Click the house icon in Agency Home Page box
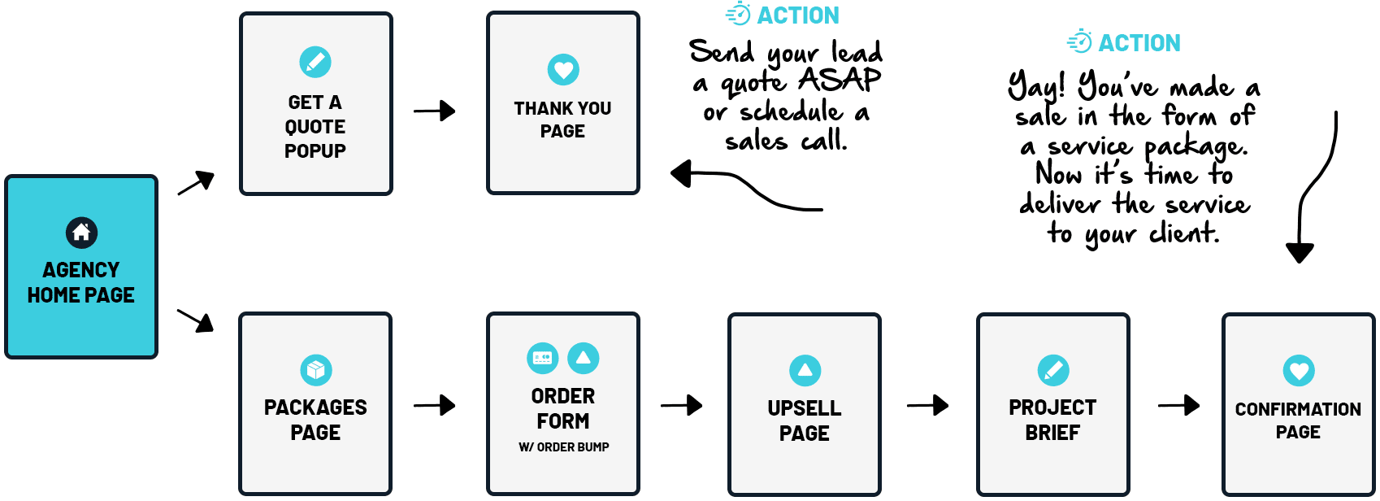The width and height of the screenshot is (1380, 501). [81, 233]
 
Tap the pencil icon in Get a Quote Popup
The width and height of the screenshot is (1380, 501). [315, 62]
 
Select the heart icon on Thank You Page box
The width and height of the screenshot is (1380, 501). [563, 70]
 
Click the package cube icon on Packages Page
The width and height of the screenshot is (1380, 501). [316, 370]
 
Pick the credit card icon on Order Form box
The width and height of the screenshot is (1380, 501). [543, 358]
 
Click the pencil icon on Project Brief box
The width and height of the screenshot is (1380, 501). [1053, 370]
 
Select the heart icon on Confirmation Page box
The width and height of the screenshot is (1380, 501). [1299, 371]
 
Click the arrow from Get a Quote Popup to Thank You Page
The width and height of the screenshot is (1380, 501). [435, 111]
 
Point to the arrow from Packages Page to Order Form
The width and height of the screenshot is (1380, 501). [435, 405]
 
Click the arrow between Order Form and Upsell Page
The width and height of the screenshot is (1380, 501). [682, 405]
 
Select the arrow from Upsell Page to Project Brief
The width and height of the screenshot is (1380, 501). [928, 405]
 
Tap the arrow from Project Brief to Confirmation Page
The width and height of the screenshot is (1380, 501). [1179, 405]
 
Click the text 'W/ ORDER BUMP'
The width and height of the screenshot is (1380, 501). [563, 447]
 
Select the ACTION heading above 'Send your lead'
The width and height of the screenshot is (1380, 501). [797, 15]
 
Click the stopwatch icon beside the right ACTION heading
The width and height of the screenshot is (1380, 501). [1080, 41]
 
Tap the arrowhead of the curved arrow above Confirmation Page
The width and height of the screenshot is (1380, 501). [1300, 253]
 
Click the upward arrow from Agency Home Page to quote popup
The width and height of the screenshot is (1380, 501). [197, 182]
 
